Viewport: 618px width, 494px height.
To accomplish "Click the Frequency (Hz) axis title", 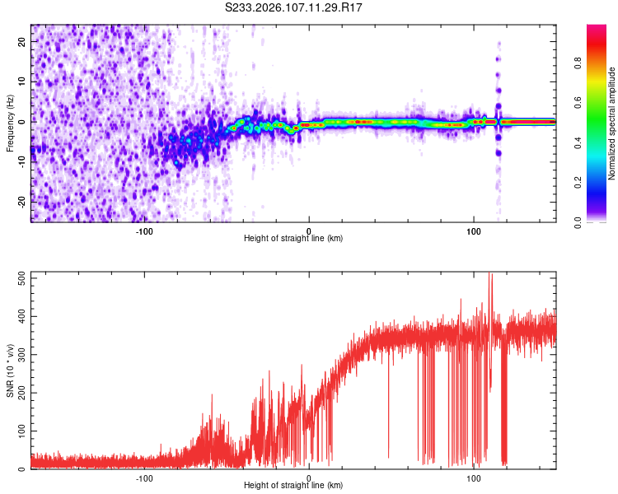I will [x=10, y=123].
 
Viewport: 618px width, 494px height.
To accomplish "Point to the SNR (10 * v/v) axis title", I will [x=10, y=370].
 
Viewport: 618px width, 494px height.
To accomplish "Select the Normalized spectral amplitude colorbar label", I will [x=611, y=123].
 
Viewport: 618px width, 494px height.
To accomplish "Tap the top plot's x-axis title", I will [x=293, y=238].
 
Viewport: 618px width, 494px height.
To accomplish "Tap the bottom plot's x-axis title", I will [x=293, y=485].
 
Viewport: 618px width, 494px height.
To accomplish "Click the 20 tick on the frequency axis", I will [x=23, y=41].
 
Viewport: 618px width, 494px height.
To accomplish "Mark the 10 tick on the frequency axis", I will [x=23, y=82].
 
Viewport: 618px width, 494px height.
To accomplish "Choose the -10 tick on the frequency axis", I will [x=21, y=162].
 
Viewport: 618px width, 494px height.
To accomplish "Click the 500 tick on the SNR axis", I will [x=20, y=278].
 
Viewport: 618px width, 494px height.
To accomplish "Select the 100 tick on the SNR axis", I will [x=20, y=431].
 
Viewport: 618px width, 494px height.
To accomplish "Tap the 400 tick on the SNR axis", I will [x=20, y=317].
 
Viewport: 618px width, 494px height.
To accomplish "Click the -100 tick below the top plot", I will [x=144, y=231].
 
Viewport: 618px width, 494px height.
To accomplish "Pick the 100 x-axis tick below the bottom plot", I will [x=474, y=478].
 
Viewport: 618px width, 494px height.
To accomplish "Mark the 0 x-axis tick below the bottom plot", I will [x=309, y=478].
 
